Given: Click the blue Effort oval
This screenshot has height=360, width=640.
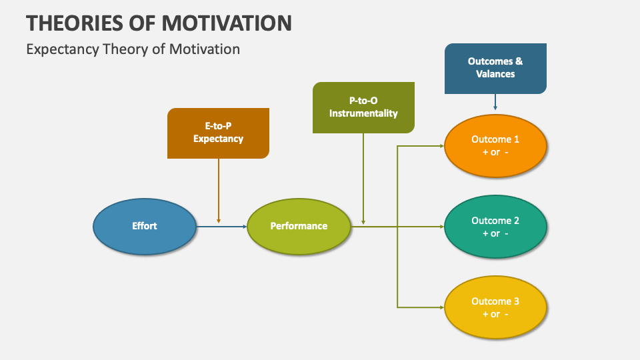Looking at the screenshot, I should click(144, 226).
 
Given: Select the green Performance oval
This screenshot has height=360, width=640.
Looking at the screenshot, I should click(299, 226).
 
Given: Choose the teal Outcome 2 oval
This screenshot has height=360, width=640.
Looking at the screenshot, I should click(495, 227).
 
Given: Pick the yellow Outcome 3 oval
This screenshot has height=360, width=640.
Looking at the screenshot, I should click(495, 307).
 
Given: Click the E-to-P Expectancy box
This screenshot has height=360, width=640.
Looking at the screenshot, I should click(218, 133).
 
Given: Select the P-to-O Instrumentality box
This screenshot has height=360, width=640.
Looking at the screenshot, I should click(363, 107).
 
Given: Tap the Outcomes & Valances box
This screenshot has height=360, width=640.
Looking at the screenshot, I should click(495, 68).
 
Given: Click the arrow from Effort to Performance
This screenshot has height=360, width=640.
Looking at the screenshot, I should click(221, 227).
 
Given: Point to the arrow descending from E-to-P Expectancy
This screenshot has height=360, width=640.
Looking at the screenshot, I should click(219, 190).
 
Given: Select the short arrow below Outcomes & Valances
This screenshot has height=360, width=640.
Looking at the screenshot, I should click(495, 101).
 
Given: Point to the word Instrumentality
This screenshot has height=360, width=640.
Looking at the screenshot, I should click(363, 113).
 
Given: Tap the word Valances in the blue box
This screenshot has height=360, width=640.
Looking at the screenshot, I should click(495, 74).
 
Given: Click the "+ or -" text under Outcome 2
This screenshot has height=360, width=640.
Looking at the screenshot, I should click(495, 233).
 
